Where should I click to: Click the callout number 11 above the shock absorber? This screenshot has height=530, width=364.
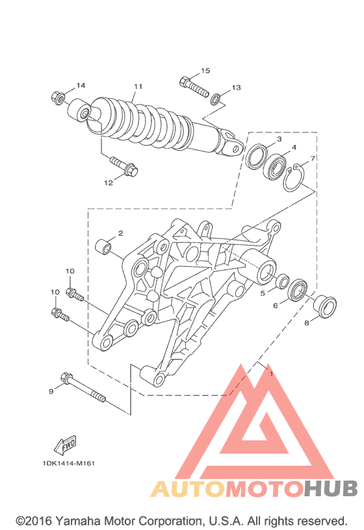pos(138,86)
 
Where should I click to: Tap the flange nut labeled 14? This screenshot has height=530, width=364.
pos(58,97)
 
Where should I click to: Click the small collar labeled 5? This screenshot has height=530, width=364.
pos(283,281)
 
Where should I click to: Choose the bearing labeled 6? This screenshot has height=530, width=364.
pos(297,290)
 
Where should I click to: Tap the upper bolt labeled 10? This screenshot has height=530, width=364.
pos(74,294)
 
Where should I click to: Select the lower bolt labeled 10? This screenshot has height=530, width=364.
pos(60,314)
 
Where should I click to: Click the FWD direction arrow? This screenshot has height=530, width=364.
pos(65,445)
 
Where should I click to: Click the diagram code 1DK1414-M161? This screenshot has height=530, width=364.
pos(69,463)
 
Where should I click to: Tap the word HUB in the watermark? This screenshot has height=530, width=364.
pos(330,488)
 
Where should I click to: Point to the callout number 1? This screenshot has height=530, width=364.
pos(271,374)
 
